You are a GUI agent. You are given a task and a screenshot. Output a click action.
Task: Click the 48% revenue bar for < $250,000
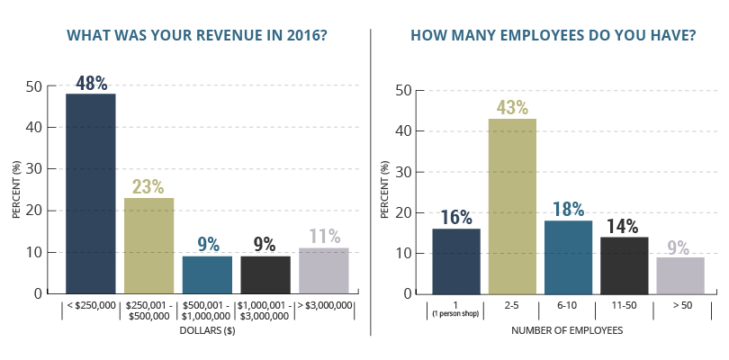point(90,193)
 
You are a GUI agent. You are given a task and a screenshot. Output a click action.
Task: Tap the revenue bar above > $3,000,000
point(324,271)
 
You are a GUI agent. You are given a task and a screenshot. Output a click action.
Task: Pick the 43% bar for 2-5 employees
point(512,206)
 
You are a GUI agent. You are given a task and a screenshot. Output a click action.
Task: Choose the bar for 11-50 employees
point(625,265)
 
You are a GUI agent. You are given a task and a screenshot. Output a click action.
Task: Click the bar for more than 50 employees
point(680,275)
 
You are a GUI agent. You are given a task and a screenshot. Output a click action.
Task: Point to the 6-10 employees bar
point(568,256)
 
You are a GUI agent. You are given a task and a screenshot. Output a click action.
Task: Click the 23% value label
point(148,186)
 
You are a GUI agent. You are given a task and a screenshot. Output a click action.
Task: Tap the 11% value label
point(324,236)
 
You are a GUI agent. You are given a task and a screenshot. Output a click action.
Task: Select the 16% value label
point(456,217)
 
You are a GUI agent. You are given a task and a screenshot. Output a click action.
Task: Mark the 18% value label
point(568,209)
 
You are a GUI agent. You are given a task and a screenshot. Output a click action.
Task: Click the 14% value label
point(625,225)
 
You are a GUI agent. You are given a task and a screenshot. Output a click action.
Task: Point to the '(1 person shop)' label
point(456,314)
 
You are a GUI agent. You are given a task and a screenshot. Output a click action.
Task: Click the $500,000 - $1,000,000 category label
point(207,310)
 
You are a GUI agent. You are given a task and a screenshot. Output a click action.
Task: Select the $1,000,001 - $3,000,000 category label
point(265,310)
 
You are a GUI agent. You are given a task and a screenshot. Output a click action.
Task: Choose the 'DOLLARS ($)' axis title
point(207,330)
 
